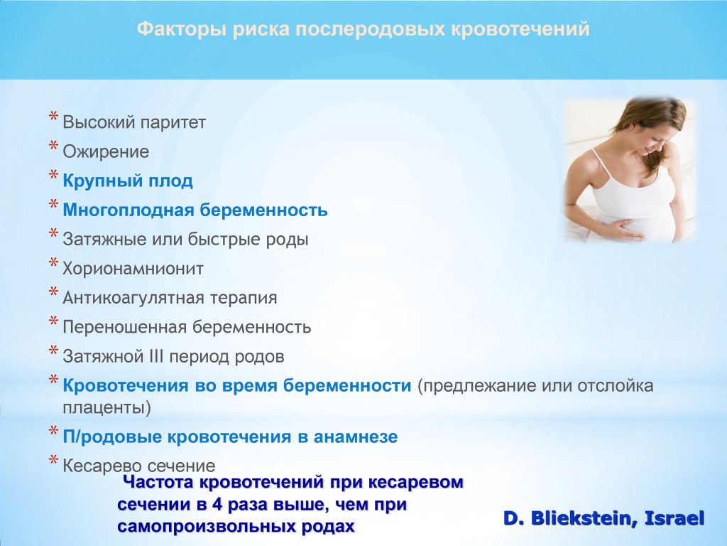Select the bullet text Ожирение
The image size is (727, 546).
click(x=106, y=152)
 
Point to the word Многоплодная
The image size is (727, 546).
click(x=128, y=210)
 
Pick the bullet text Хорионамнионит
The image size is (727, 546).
click(x=133, y=269)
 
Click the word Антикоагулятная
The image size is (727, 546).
click(x=133, y=298)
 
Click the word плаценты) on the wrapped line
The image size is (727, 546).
click(x=106, y=408)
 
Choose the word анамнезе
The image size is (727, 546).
click(x=356, y=437)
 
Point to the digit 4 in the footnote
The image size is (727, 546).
click(x=218, y=505)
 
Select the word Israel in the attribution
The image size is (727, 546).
click(x=674, y=518)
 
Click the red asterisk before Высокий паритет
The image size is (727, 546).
click(x=53, y=117)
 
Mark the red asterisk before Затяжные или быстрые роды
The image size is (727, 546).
click(x=53, y=233)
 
